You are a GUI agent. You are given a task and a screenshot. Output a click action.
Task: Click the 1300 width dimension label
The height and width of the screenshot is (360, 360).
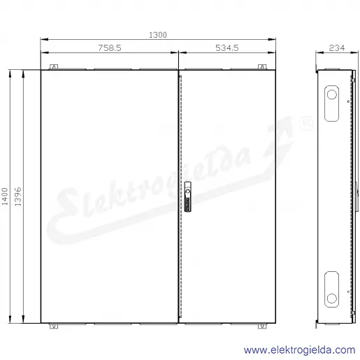[158, 35]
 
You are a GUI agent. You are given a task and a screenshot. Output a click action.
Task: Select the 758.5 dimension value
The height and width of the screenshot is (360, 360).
[110, 48]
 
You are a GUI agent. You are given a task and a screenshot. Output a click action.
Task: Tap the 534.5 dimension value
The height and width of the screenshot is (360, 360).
[226, 48]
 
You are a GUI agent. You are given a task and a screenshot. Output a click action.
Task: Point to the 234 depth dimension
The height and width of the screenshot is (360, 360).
[337, 48]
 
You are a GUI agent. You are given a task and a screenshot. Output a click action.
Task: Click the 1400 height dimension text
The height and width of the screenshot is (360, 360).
[5, 196]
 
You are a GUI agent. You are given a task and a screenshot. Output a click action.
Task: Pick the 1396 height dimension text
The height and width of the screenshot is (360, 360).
[18, 196]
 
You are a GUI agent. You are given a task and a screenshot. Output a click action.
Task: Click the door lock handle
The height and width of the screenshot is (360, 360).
[187, 196]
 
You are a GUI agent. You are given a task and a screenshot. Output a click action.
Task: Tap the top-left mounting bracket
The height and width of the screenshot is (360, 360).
[54, 67]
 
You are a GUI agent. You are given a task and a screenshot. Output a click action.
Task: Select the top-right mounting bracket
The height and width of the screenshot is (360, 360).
[262, 67]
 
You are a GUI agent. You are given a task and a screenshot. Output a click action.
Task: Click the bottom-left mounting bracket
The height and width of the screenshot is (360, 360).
[54, 326]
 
